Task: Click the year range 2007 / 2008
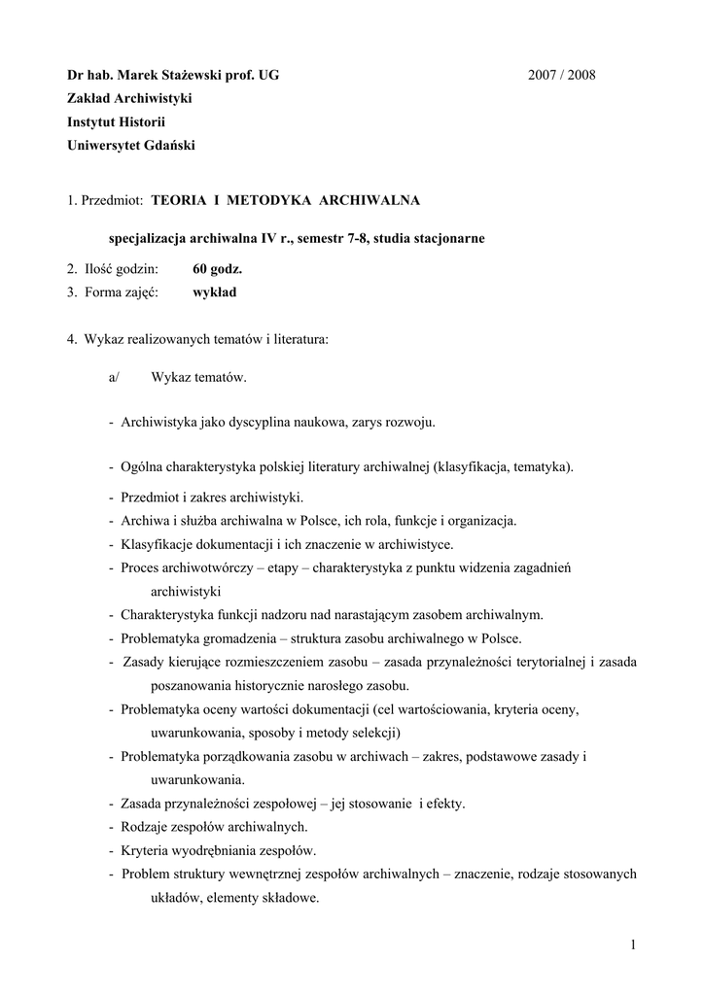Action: point(562,75)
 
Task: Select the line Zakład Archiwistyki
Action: point(129,98)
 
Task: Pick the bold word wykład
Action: point(214,292)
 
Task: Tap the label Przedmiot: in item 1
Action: point(112,200)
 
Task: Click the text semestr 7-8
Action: point(338,238)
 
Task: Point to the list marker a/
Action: point(114,377)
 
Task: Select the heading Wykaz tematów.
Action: point(198,377)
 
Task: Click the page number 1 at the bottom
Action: point(631,945)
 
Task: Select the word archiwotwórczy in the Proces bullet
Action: point(210,567)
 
